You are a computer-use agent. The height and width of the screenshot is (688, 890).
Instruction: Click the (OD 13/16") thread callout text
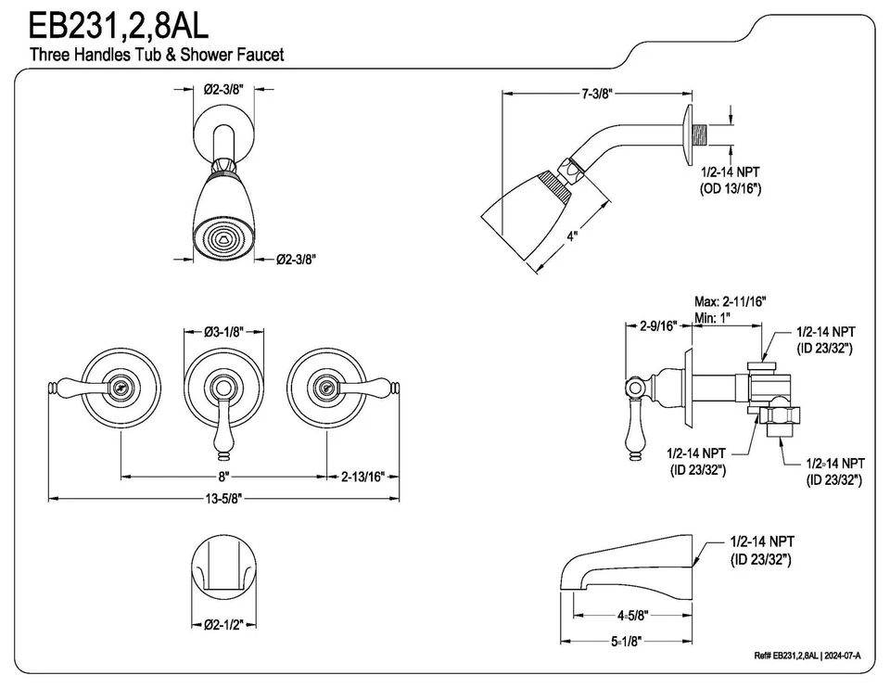coord(730,188)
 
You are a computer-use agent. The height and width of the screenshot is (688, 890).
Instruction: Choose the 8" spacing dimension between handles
coord(222,476)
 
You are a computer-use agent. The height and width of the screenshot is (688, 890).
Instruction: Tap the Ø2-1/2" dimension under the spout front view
coord(222,624)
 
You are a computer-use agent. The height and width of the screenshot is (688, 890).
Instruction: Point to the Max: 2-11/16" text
coord(731,302)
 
